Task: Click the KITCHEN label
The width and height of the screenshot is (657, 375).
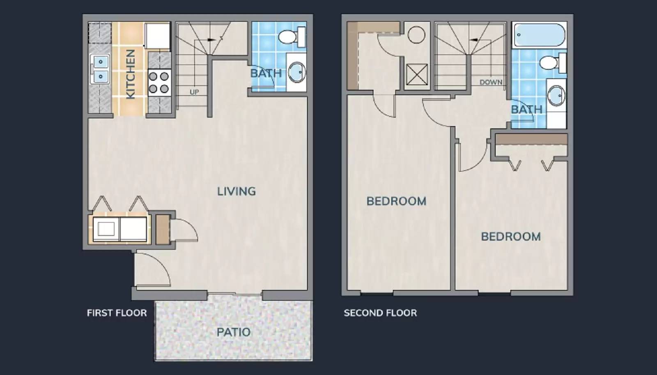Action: (x=130, y=74)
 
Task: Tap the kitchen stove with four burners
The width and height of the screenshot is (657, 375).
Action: (x=159, y=82)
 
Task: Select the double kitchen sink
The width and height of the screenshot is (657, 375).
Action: (x=100, y=69)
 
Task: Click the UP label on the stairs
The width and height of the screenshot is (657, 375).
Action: (x=194, y=92)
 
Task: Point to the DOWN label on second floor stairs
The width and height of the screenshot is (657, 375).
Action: (x=491, y=82)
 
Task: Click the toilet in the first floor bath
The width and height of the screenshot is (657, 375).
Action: (x=291, y=37)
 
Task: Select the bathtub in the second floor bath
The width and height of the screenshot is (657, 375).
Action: (x=539, y=35)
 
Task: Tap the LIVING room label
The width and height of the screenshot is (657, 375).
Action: (x=236, y=191)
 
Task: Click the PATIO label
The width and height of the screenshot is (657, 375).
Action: (x=233, y=332)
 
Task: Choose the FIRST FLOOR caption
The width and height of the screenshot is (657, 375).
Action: (x=117, y=313)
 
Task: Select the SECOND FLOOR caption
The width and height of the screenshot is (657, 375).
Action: (x=380, y=313)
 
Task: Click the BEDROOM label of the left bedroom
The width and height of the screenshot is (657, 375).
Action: (x=396, y=201)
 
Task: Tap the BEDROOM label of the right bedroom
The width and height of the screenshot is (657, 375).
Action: (x=510, y=236)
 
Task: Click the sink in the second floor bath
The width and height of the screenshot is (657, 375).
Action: (x=556, y=95)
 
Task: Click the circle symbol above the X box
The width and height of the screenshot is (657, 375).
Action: (x=416, y=35)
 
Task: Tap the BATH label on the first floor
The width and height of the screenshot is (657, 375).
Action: (x=266, y=73)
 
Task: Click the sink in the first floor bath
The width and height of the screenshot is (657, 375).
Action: (x=296, y=72)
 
